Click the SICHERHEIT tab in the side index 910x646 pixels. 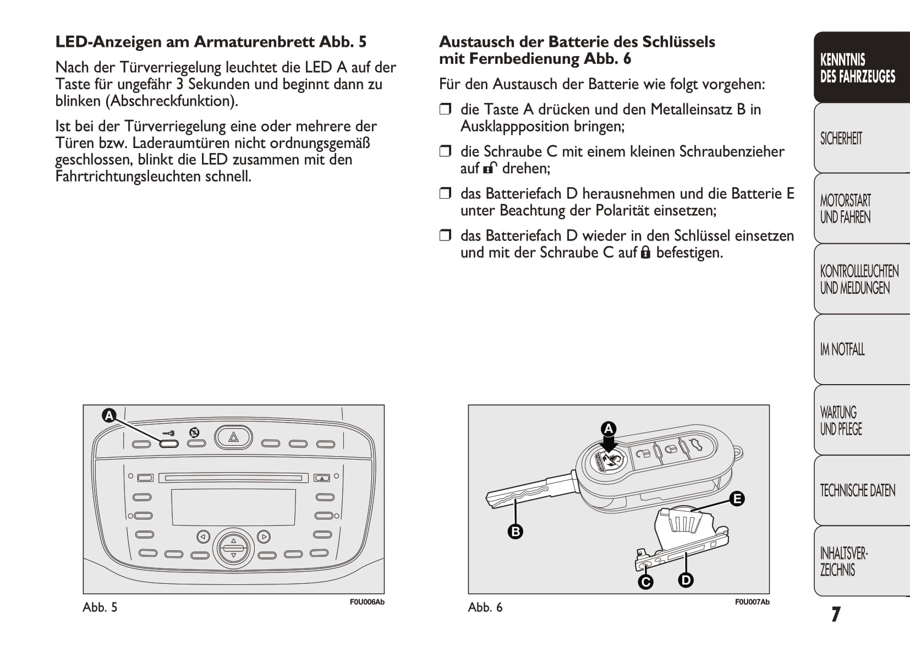[x=841, y=138]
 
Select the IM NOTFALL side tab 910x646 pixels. [x=842, y=349]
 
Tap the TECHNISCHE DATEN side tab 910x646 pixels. [x=857, y=490]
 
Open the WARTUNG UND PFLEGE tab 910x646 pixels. [x=841, y=420]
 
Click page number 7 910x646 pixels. [x=836, y=614]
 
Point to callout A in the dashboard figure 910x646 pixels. [x=109, y=415]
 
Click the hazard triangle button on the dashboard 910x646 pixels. [x=233, y=437]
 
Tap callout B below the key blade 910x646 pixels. [x=516, y=532]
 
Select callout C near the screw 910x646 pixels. [x=645, y=582]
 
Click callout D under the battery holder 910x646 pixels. [x=686, y=579]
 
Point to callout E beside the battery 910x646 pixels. [x=737, y=499]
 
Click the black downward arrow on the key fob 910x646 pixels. [x=609, y=444]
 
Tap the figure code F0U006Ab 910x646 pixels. [x=367, y=602]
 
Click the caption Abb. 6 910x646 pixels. [x=485, y=607]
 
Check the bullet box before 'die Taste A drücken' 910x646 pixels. [x=445, y=109]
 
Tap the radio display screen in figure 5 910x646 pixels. [x=233, y=507]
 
